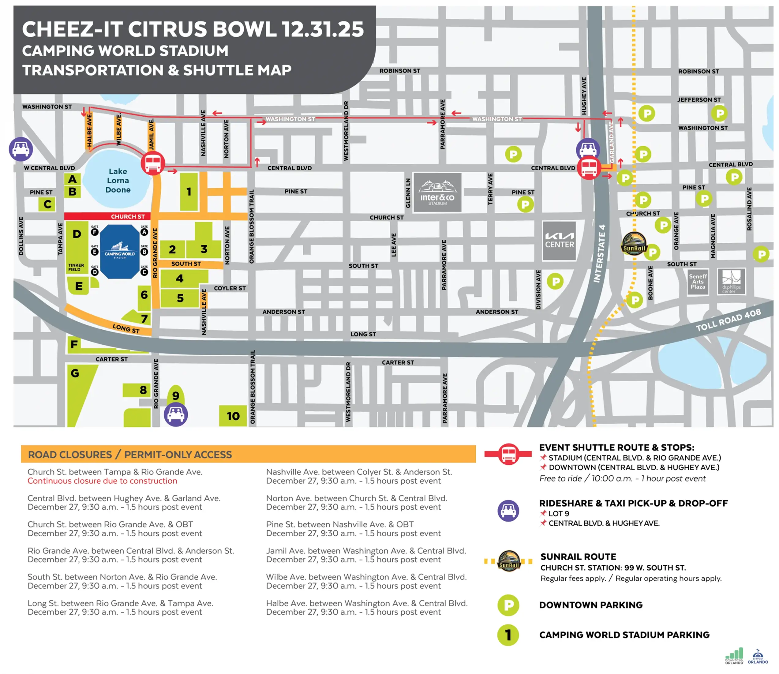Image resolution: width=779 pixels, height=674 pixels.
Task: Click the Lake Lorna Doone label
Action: pyautogui.click(x=118, y=181)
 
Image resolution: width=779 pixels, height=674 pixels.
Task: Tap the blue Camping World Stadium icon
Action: pyautogui.click(x=120, y=251)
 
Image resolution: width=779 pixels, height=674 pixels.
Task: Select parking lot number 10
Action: pyautogui.click(x=233, y=416)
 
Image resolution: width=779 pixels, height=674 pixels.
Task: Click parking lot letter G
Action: pyautogui.click(x=75, y=373)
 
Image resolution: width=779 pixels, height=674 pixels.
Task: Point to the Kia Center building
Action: pyautogui.click(x=559, y=241)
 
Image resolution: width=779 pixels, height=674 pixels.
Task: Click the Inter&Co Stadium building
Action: pyautogui.click(x=437, y=192)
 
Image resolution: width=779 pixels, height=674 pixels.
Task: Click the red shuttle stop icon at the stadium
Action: pyautogui.click(x=153, y=163)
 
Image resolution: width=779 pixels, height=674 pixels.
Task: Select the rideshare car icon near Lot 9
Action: pyautogui.click(x=176, y=414)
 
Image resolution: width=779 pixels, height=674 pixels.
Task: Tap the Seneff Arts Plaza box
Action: pyautogui.click(x=698, y=281)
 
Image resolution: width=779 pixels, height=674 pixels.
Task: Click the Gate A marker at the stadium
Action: pyautogui.click(x=144, y=232)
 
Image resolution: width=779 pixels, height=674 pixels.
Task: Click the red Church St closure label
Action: pyautogui.click(x=128, y=216)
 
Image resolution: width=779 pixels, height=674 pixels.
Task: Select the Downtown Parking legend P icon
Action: pyautogui.click(x=508, y=605)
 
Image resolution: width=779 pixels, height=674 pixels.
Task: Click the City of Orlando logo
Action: pyautogui.click(x=758, y=657)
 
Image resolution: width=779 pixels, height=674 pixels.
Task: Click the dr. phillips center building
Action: pyautogui.click(x=731, y=281)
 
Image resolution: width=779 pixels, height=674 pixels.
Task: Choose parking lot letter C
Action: pyautogui.click(x=47, y=204)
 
